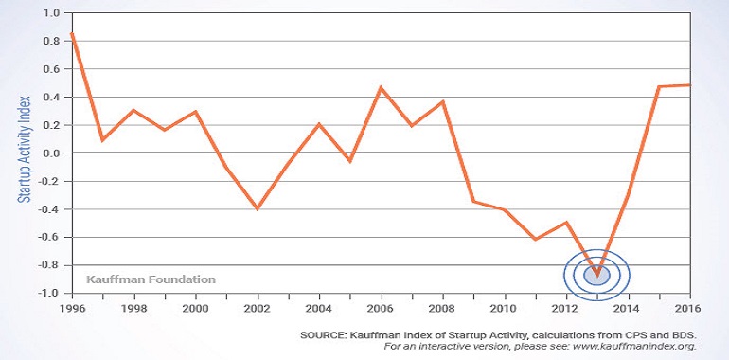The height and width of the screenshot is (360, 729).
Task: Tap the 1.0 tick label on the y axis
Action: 52,13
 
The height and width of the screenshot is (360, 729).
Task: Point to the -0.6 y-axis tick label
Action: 50,237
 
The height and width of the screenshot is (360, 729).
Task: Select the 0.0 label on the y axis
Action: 52,153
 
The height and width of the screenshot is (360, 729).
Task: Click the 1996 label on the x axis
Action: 73,309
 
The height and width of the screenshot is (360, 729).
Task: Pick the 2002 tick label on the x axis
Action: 258,309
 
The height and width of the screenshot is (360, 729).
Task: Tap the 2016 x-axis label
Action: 690,309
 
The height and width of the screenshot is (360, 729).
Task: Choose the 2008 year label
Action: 443,309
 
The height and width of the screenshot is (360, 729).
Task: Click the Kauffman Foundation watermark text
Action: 151,279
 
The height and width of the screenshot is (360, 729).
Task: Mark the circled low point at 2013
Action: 597,275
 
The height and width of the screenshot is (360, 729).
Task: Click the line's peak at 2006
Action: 382,87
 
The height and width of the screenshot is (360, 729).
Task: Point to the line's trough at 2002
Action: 258,208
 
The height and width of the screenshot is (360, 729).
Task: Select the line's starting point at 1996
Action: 72,33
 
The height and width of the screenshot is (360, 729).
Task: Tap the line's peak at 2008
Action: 443,101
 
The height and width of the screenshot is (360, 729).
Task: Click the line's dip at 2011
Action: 536,239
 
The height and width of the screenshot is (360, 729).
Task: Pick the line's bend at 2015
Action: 659,86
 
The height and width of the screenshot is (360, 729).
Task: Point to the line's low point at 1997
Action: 103,139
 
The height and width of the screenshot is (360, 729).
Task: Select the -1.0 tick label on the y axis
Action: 50,294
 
